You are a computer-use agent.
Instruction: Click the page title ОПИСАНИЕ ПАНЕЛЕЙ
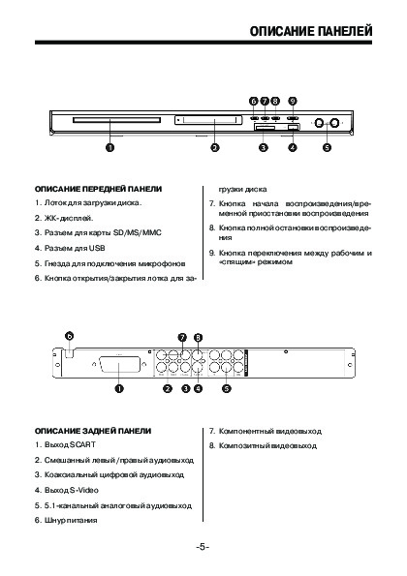311,31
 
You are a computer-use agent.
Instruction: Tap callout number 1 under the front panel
110,148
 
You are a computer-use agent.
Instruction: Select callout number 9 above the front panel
293,101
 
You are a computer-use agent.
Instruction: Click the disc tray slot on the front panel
116,120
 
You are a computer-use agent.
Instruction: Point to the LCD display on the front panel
208,120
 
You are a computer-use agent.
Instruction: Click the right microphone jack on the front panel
334,123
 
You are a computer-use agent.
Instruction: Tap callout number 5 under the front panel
327,148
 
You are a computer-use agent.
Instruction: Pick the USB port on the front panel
293,127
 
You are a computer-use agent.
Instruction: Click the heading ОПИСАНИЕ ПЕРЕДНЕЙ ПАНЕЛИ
98,189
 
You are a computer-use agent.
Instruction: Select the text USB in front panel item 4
97,248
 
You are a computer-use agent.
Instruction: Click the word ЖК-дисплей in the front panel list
69,218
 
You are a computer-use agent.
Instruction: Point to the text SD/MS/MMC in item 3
138,232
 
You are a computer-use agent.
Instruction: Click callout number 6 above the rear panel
70,336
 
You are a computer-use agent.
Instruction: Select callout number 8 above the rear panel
198,337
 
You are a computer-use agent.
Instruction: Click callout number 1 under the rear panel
119,388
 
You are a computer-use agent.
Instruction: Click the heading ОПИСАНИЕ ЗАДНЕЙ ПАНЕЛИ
93,431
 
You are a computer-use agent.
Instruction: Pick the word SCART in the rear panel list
82,445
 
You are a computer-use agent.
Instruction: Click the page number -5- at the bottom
203,547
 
